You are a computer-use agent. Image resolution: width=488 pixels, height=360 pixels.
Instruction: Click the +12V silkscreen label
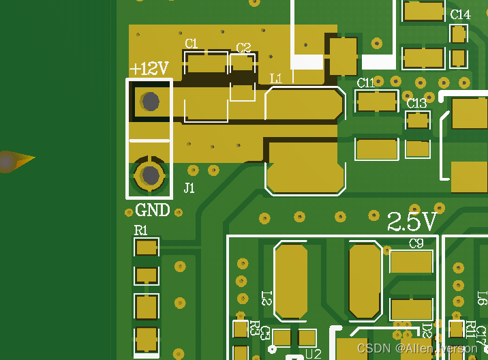pyautogui.click(x=149, y=69)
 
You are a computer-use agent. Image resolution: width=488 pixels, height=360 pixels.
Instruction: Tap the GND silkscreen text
pyautogui.click(x=153, y=210)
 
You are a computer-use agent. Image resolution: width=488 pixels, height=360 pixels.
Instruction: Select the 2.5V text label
pyautogui.click(x=412, y=222)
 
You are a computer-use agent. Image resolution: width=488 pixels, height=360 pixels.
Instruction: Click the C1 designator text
pyautogui.click(x=192, y=44)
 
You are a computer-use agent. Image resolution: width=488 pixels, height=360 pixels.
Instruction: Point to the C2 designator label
pyautogui.click(x=243, y=48)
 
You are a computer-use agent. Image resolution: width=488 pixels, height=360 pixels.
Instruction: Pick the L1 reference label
pyautogui.click(x=276, y=79)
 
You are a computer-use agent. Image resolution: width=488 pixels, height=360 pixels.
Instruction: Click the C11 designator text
pyautogui.click(x=366, y=83)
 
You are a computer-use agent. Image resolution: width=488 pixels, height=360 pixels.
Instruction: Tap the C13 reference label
pyautogui.click(x=416, y=104)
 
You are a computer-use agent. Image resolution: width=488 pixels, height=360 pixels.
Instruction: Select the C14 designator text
pyautogui.click(x=460, y=14)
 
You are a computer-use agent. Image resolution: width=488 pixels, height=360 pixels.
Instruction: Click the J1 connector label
pyautogui.click(x=189, y=188)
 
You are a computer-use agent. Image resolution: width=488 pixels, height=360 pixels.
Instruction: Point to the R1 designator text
pyautogui.click(x=140, y=230)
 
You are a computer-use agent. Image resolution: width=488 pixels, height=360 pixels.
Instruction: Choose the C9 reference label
pyautogui.click(x=416, y=243)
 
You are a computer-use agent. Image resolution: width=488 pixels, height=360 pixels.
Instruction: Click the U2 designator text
pyautogui.click(x=313, y=354)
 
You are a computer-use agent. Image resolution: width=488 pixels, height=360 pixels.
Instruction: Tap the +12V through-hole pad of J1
pyautogui.click(x=150, y=102)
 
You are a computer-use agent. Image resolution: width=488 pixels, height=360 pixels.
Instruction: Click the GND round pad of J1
pyautogui.click(x=150, y=175)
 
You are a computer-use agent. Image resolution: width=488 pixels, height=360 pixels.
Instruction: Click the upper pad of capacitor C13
pyautogui.click(x=418, y=121)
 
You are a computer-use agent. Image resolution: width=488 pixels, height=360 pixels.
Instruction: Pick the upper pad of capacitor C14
pyautogui.click(x=459, y=33)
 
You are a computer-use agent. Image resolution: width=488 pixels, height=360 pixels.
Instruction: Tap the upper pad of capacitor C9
pyautogui.click(x=411, y=262)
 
